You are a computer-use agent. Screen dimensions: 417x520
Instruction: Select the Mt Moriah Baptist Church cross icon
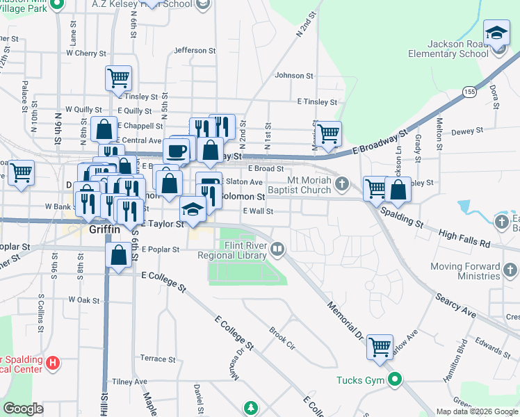341,183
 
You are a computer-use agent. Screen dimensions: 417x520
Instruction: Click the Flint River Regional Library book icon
277,248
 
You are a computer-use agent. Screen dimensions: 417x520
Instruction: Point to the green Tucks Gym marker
395,379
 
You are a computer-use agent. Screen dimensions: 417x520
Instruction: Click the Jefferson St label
190,50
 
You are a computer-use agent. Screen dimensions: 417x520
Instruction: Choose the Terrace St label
158,359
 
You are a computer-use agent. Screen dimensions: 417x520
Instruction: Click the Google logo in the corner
23,409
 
